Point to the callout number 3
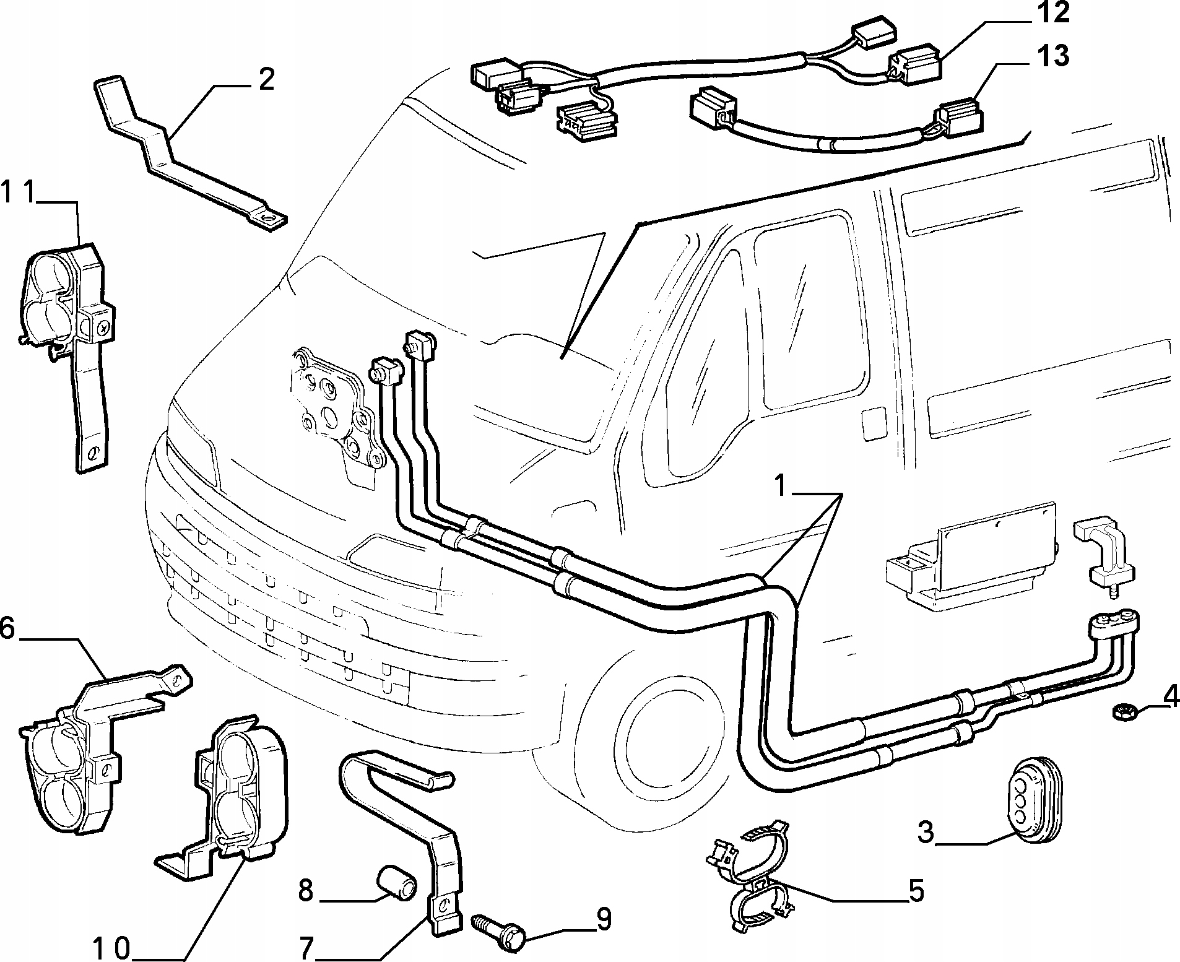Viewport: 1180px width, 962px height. (926, 833)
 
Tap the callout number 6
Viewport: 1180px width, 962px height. (7, 628)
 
